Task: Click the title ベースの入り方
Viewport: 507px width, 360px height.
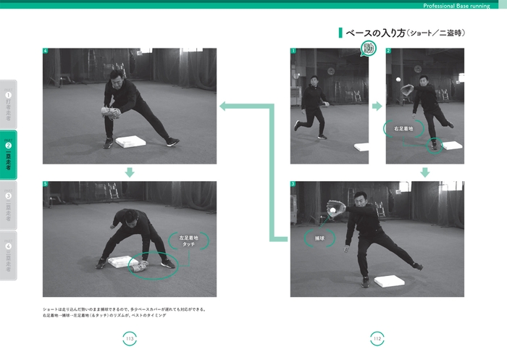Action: click(374, 33)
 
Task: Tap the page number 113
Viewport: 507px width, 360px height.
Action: click(130, 338)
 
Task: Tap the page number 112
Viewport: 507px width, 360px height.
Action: click(377, 338)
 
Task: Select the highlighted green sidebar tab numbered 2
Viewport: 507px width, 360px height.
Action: click(9, 154)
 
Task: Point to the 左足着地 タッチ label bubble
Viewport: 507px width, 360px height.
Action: click(188, 240)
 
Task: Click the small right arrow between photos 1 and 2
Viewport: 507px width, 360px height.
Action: click(377, 106)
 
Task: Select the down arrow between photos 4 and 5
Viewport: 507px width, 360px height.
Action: click(130, 172)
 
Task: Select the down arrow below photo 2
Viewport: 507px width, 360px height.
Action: click(425, 172)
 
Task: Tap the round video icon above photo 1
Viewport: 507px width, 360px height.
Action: click(369, 49)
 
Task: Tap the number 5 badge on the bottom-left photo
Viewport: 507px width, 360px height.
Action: click(46, 185)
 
